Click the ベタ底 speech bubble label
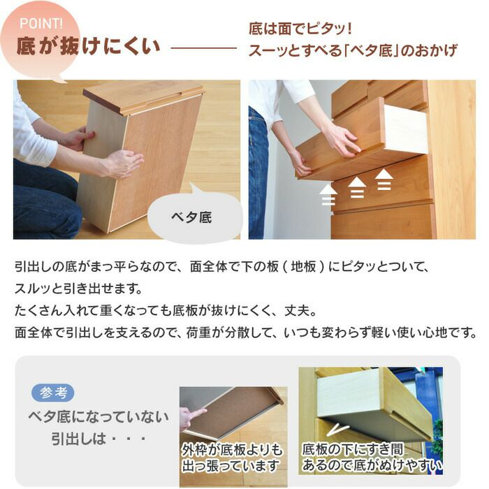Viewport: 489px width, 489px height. tap(191, 217)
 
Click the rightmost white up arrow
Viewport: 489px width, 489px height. tap(384, 180)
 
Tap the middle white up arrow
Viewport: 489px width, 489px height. tap(357, 187)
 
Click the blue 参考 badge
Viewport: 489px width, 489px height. tap(53, 393)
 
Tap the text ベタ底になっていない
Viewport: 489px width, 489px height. tap(98, 417)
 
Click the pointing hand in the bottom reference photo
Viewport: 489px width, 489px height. tap(191, 417)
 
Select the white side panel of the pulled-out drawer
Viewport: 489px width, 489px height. tap(405, 129)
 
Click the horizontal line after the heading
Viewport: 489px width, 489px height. tap(203, 48)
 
